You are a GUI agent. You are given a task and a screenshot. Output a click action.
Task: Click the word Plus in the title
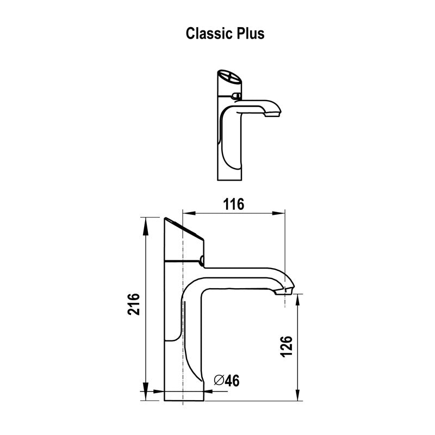(250, 34)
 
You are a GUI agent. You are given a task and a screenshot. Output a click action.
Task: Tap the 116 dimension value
(234, 204)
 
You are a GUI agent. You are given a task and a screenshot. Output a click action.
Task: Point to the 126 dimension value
(288, 346)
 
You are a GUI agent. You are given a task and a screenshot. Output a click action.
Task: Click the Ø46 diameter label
(227, 381)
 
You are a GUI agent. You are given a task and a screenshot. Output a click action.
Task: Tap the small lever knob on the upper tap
(235, 96)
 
